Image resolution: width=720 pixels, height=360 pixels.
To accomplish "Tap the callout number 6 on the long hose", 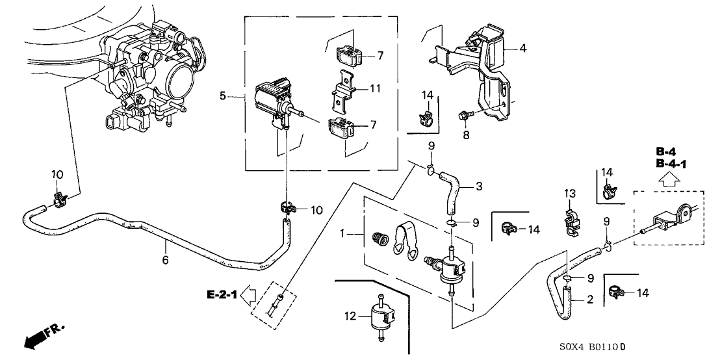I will click(x=165, y=260).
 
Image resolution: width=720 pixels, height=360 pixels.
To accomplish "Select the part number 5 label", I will click(x=223, y=97).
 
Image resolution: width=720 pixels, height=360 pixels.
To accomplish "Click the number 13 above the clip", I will click(x=570, y=193).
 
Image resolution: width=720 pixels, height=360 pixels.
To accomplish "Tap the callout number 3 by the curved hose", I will click(x=478, y=186).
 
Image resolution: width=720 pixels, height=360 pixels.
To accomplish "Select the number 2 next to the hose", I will click(x=589, y=300).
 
